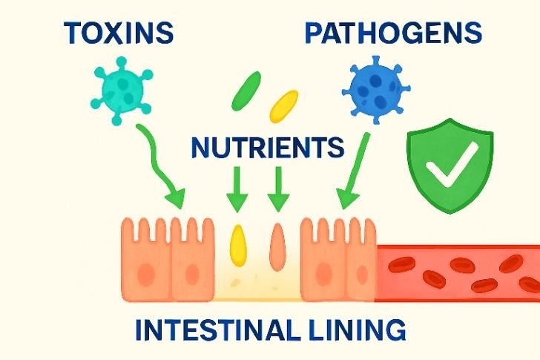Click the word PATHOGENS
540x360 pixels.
coord(393,33)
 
